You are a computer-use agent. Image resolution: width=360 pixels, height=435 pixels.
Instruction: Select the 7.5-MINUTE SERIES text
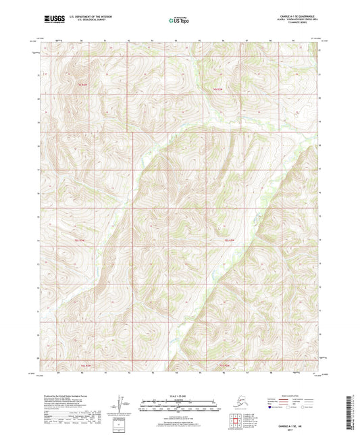click(305, 24)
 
